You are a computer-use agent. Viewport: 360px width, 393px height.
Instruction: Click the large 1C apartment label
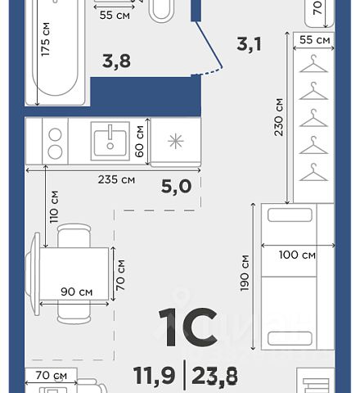(188, 327)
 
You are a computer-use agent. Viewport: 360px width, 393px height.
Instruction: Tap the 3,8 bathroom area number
(116, 61)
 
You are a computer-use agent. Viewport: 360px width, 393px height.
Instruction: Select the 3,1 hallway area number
(249, 44)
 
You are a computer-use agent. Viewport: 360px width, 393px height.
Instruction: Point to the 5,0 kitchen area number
(176, 187)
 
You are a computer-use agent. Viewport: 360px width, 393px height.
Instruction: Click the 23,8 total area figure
(214, 376)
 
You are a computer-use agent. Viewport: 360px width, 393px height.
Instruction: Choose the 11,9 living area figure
(155, 376)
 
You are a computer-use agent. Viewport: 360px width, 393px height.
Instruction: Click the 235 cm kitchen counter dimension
(116, 179)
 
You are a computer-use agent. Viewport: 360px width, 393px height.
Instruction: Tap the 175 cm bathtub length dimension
(46, 39)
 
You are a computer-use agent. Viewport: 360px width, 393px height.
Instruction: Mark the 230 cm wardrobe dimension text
(279, 117)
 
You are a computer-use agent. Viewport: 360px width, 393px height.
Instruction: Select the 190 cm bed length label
(245, 273)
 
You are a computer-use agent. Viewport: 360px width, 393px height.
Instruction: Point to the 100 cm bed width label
(297, 255)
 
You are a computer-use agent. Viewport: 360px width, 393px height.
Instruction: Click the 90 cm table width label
(77, 291)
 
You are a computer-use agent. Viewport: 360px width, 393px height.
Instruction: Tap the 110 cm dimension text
(54, 207)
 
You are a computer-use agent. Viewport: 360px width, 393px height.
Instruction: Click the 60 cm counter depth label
(139, 141)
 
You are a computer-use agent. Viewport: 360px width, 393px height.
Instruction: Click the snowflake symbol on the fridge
(176, 142)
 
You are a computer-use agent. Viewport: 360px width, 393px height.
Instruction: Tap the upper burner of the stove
(55, 135)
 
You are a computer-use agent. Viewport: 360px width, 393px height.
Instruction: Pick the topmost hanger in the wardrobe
(313, 64)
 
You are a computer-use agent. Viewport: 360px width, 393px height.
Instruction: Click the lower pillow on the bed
(290, 338)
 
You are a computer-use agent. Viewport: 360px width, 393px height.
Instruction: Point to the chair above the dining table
(74, 235)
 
